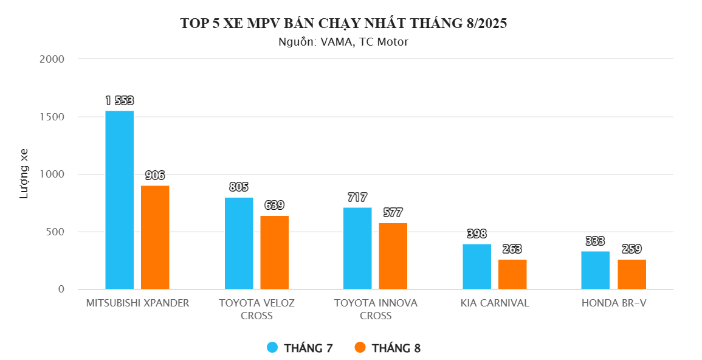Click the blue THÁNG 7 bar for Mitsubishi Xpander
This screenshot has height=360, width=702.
[120, 199]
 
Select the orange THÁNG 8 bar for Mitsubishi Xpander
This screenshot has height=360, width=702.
[156, 237]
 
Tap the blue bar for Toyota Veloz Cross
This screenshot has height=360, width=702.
[239, 243]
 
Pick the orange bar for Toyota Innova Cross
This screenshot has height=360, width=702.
[393, 256]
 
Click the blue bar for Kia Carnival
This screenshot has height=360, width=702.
[477, 266]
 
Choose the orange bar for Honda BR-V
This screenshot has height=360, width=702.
[632, 274]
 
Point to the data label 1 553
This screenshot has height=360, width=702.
[120, 101]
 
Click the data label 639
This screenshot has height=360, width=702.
[275, 205]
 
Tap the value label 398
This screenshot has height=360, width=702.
[477, 234]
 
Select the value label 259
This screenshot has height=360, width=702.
[631, 249]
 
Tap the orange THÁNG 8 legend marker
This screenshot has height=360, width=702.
[360, 347]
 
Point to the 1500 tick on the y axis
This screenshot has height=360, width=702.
[52, 117]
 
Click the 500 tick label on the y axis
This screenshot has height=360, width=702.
[55, 232]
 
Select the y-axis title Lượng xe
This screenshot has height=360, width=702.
[24, 174]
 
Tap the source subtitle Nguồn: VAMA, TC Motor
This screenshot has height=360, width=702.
[343, 42]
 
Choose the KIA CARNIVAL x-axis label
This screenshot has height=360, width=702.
[495, 303]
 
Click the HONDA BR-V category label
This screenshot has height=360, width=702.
[614, 303]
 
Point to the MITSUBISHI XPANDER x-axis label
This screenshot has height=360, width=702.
[137, 303]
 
